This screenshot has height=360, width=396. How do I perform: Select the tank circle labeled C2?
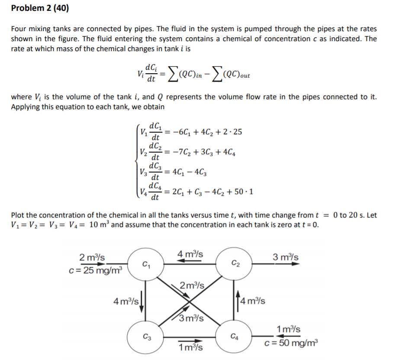pos(234,263)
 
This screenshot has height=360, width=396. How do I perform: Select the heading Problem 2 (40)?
pos(40,8)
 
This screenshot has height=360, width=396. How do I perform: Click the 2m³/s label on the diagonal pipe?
pos(191,285)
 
